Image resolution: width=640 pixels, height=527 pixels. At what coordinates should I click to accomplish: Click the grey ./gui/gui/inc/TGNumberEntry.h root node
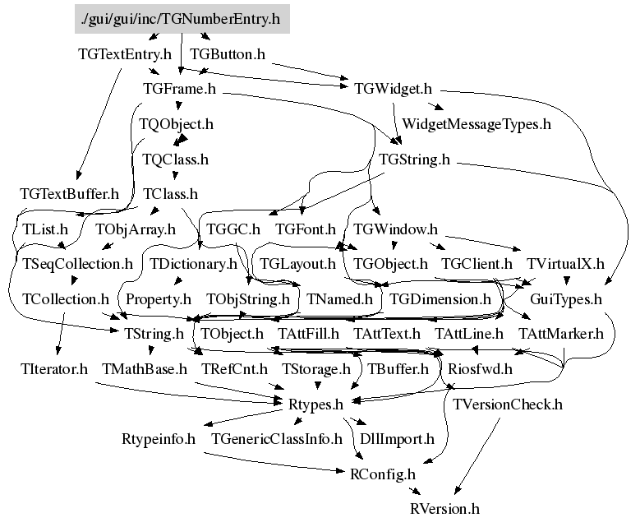(x=182, y=18)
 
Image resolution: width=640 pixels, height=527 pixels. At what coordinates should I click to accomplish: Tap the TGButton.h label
(x=227, y=53)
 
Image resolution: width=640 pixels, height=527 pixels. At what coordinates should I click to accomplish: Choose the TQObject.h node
(x=177, y=124)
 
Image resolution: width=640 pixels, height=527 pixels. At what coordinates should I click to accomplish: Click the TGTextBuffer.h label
(x=70, y=194)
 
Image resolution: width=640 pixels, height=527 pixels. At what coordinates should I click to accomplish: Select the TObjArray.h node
(x=136, y=229)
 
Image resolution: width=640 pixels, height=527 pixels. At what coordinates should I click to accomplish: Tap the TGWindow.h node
(x=395, y=229)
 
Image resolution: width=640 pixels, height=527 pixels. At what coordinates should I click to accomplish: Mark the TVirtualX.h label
(x=565, y=264)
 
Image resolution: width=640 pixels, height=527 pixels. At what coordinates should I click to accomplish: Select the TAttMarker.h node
(x=561, y=334)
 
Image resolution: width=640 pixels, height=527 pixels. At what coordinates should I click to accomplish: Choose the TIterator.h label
(x=54, y=369)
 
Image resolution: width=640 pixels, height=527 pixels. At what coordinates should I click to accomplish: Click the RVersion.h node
(x=444, y=509)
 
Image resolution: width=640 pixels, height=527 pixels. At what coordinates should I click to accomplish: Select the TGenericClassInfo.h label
(x=276, y=439)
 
